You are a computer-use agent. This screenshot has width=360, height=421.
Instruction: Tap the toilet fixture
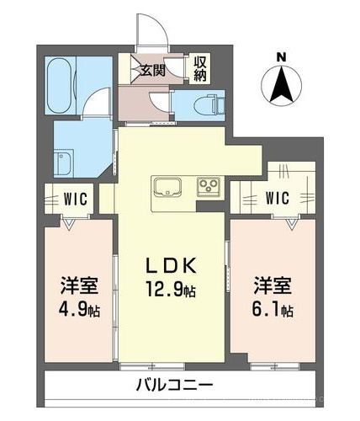[x=209, y=105]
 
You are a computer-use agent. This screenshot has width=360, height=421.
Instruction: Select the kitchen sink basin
[x=167, y=188]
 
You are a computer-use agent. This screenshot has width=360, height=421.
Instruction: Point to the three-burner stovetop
[x=209, y=185]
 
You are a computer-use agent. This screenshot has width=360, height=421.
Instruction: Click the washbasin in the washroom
[x=64, y=164]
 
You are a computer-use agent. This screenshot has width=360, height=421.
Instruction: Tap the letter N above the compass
[x=281, y=57]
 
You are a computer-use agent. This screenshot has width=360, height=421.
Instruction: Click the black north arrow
[x=282, y=85]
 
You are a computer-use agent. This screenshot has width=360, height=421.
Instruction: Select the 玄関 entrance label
[x=153, y=71]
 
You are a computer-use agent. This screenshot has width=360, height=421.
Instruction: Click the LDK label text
[x=171, y=266]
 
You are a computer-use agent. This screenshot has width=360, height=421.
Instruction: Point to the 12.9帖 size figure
[x=171, y=290]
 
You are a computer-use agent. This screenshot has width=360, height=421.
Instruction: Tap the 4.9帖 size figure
[x=79, y=310]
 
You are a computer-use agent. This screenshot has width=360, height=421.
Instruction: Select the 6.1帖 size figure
[x=273, y=310]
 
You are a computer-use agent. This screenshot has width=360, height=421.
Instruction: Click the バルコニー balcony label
[x=175, y=385]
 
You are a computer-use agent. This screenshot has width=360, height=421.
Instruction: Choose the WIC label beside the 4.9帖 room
[x=76, y=199]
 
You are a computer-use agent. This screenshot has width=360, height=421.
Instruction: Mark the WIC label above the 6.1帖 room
[x=278, y=198]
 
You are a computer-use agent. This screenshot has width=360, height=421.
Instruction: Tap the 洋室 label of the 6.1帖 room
[x=273, y=285]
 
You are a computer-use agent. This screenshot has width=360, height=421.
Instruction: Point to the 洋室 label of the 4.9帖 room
[x=79, y=285]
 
